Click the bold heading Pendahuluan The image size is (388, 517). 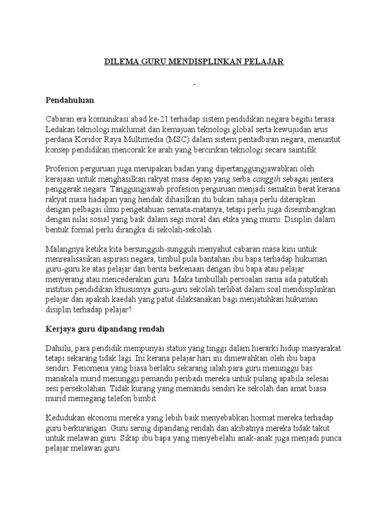click(70, 100)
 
